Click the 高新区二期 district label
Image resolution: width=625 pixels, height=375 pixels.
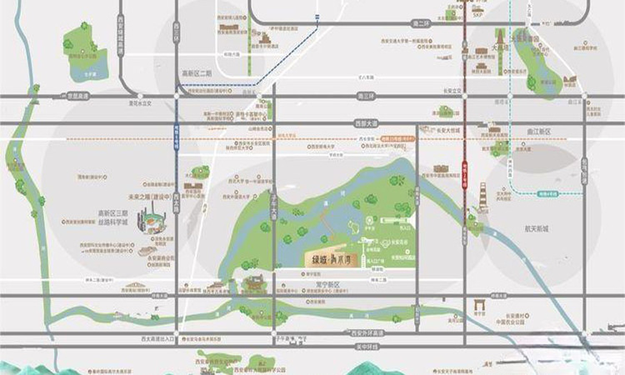point(197,73)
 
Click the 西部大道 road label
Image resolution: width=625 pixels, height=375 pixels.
point(367,123)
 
